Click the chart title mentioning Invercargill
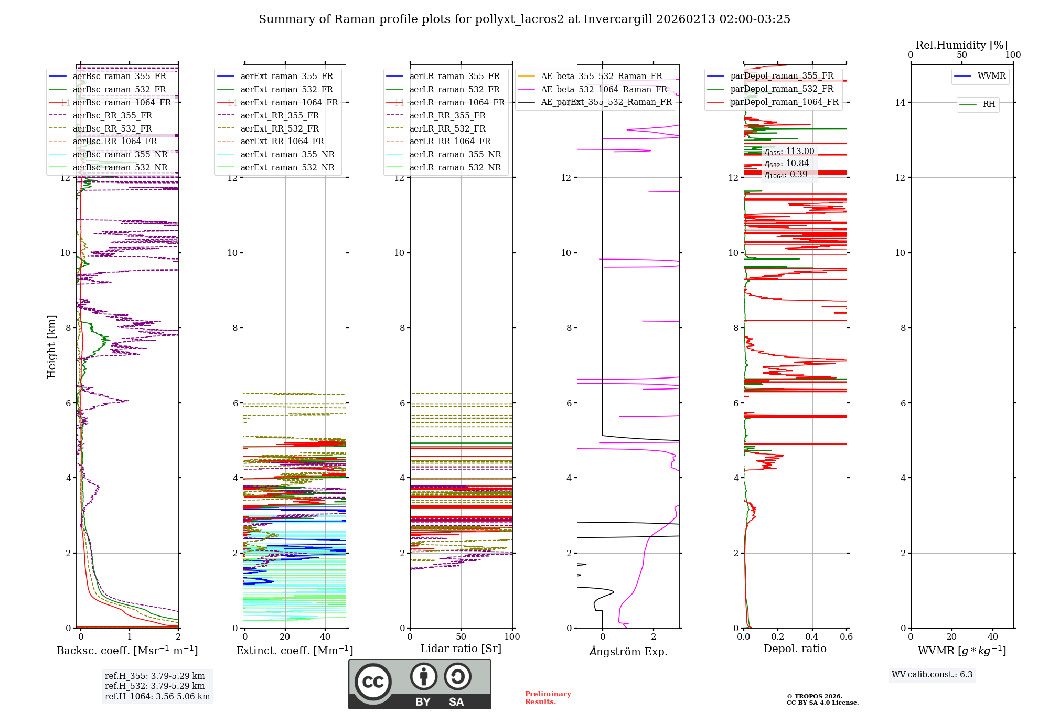pos(524,19)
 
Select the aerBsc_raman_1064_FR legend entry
pos(122,103)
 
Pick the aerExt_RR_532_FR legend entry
pos(279,129)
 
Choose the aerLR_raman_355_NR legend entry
pos(455,155)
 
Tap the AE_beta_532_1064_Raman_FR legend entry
pos(604,90)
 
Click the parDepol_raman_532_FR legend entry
pos(782,89)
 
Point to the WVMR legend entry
pos(991,76)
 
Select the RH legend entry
pos(989,104)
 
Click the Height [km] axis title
pos(51,346)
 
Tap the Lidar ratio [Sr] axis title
pos(461,649)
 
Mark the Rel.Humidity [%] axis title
pos(961,45)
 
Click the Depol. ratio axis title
pos(795,649)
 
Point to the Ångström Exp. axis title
pos(628,652)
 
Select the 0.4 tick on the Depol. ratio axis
pos(812,637)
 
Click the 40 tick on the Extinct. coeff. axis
pos(325,637)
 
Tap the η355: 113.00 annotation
pos(789,152)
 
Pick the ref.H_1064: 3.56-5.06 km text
pos(157,697)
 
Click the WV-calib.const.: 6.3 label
pos(932,675)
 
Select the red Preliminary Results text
pos(548,698)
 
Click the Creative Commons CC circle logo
pos(373,682)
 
